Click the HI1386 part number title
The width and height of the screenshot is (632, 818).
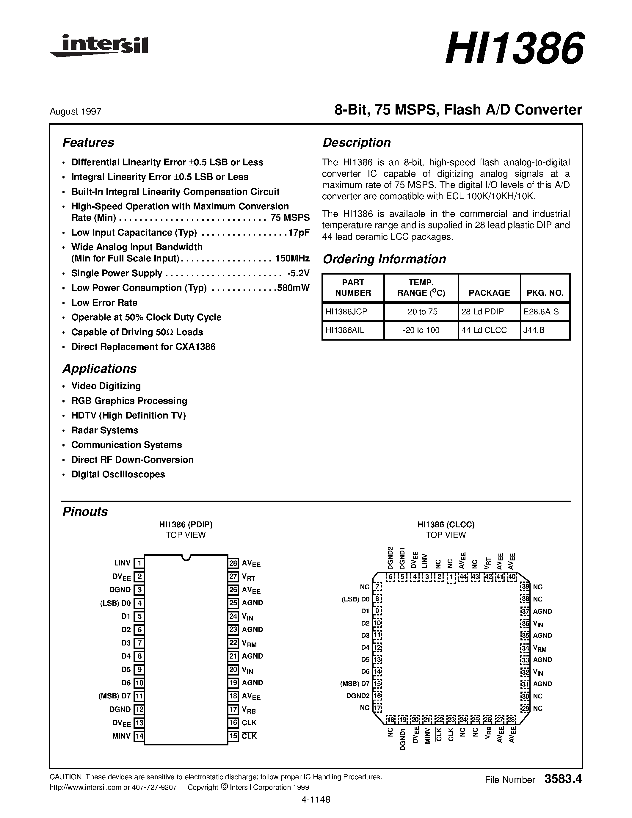click(x=514, y=49)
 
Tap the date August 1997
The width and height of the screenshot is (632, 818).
click(x=75, y=112)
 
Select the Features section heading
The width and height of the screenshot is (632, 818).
click(x=88, y=143)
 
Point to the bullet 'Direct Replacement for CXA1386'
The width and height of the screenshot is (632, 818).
click(x=143, y=347)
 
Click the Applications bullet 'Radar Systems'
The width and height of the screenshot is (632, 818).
click(x=104, y=430)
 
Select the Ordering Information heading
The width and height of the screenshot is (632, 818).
click(x=384, y=259)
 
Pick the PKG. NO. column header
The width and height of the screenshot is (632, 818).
click(x=545, y=293)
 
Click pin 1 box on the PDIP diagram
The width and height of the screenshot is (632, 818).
click(x=139, y=563)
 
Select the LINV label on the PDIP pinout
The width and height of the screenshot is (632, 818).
click(x=123, y=563)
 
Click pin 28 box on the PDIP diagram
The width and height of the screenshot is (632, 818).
click(x=233, y=563)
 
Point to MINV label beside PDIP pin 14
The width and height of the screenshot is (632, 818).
click(x=121, y=736)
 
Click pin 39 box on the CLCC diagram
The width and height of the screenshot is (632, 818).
click(x=526, y=587)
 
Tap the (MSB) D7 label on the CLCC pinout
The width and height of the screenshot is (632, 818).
click(x=355, y=684)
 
